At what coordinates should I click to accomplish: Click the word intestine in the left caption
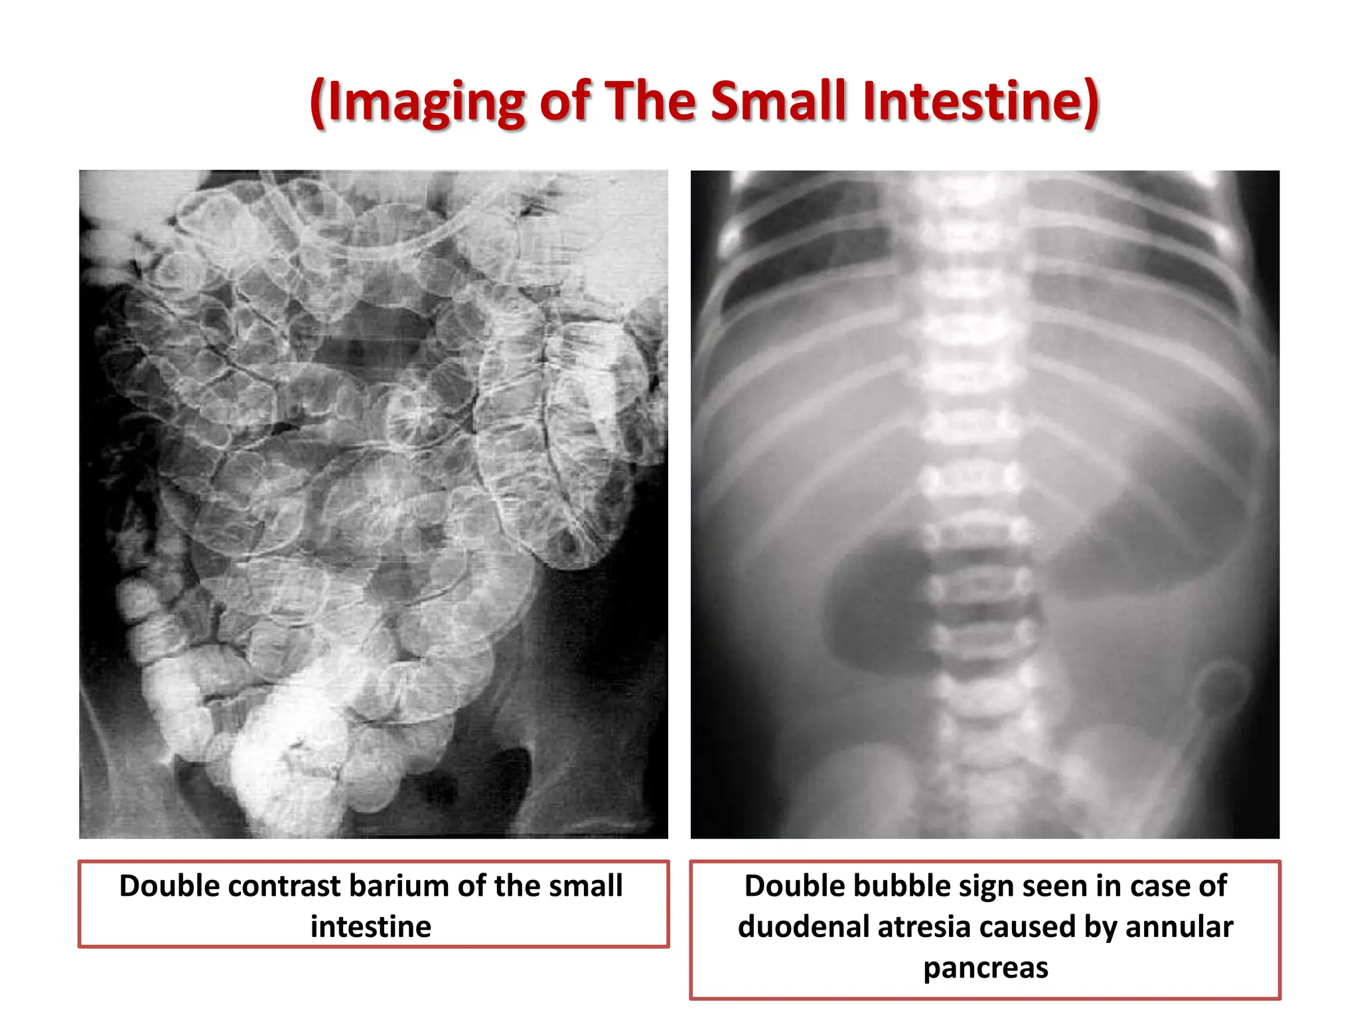click(x=371, y=926)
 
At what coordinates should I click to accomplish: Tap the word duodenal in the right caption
click(x=802, y=926)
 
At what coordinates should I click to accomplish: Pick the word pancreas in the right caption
click(x=986, y=967)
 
